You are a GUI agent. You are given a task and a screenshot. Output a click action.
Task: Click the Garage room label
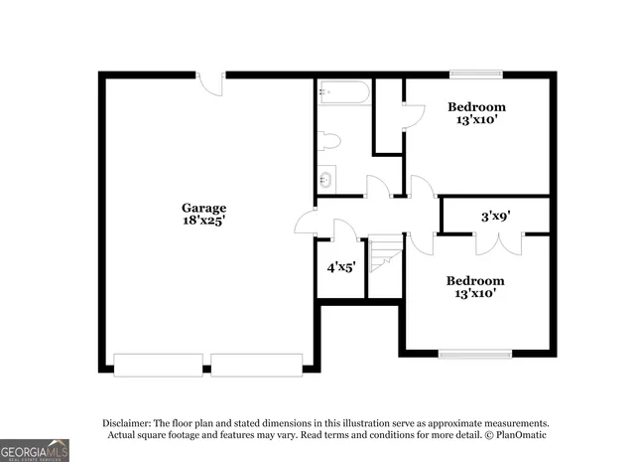196,208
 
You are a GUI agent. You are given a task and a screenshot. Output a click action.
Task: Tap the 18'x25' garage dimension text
196,221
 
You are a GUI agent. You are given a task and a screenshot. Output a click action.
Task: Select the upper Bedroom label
476,106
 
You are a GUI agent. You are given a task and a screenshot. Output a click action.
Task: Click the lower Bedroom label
474,280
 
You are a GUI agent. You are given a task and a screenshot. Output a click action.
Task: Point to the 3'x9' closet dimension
495,215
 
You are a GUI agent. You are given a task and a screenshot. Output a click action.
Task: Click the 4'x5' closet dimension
341,267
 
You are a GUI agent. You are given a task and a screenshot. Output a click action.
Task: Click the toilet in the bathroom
329,141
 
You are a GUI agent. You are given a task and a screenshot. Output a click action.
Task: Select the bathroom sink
326,180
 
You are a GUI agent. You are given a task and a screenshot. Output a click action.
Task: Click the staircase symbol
383,256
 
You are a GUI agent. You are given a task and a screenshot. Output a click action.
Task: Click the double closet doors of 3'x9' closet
495,242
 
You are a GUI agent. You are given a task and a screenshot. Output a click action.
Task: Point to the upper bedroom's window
475,74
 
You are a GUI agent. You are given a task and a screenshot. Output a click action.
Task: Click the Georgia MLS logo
35,450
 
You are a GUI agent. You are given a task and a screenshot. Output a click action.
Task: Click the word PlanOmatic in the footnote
521,435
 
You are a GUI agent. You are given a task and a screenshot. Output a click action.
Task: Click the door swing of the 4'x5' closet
345,231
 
